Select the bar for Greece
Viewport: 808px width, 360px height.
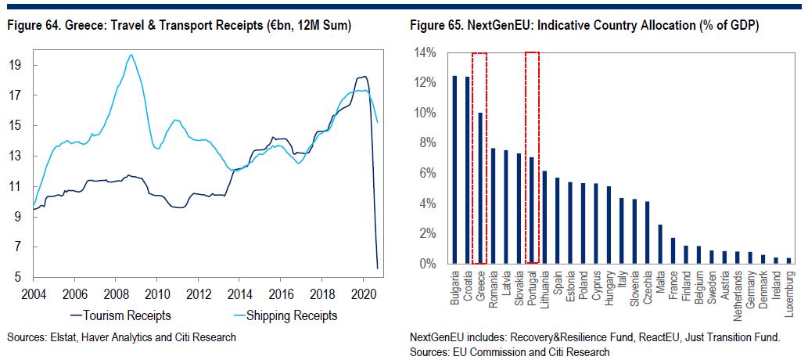pos(480,188)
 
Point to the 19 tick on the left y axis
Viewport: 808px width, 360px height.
pos(16,65)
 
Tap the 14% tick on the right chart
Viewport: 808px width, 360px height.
pos(426,52)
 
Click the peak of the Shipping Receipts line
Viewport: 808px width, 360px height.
pos(131,55)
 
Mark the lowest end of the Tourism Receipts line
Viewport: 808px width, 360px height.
pos(378,268)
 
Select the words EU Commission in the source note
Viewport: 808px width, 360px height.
pos(484,351)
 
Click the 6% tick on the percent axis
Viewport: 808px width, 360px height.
pos(429,174)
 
